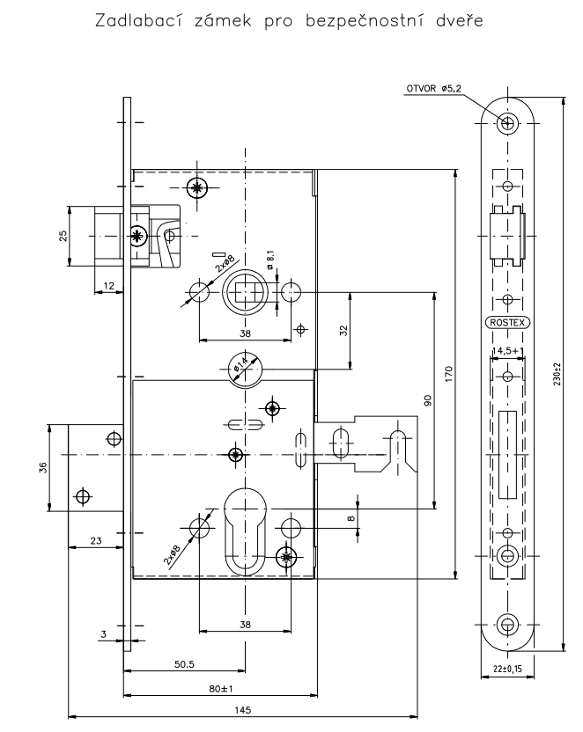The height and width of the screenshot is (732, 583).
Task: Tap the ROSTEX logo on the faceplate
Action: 507,322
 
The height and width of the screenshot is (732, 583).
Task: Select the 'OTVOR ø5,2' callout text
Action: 434,88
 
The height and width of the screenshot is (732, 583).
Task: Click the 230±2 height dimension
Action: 557,373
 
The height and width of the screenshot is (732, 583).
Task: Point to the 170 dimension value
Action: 449,373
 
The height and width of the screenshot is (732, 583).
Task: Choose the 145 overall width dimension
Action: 243,710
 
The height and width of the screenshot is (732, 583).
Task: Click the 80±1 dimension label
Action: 221,688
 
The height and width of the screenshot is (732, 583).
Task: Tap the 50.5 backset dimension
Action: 184,664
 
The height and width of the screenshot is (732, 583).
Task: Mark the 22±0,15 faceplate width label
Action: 507,669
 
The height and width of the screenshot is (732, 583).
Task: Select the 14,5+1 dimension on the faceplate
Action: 508,350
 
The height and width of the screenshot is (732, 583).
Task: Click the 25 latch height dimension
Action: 63,236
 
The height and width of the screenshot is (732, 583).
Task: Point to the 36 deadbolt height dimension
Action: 42,467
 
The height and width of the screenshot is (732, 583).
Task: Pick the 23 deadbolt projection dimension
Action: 96,540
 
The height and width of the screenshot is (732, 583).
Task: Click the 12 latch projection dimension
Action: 108,286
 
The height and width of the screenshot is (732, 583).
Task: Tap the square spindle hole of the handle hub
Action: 245,292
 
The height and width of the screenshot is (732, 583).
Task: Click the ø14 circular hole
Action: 245,369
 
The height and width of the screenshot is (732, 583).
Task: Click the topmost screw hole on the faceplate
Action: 508,123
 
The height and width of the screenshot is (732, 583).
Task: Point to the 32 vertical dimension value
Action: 343,331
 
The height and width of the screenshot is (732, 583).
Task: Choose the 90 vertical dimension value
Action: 427,400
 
